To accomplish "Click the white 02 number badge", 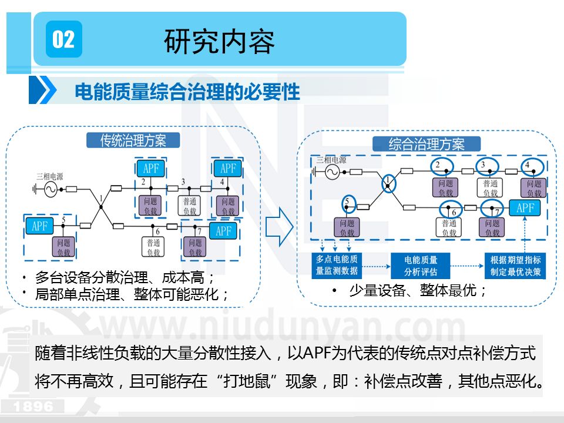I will pyautogui.click(x=63, y=39).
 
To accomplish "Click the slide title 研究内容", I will pyautogui.click(x=219, y=41).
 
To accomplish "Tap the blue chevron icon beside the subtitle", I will pyautogui.click(x=43, y=91).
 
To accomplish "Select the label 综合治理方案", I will pyautogui.click(x=427, y=145).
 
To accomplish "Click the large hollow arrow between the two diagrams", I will pyautogui.click(x=278, y=226).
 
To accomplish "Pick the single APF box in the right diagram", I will pyautogui.click(x=525, y=208).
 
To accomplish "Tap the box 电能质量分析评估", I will pyautogui.click(x=420, y=266).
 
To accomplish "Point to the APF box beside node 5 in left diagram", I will pyautogui.click(x=40, y=226).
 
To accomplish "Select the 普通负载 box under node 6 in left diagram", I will pyautogui.click(x=154, y=247).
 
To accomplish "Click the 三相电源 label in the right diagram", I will pyautogui.click(x=331, y=159).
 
